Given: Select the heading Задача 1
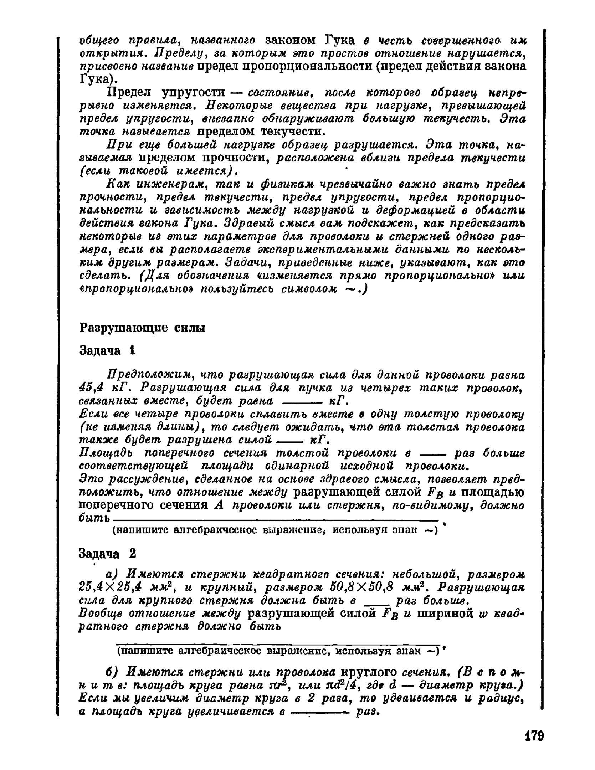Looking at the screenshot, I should (x=107, y=351).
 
